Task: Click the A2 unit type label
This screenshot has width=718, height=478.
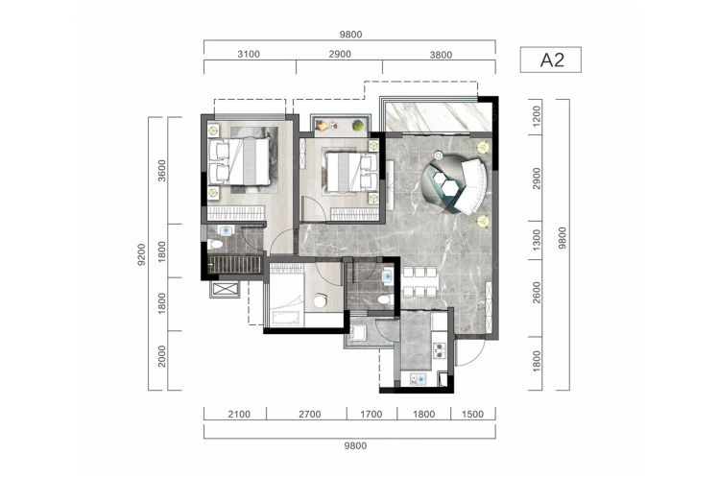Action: tap(552, 60)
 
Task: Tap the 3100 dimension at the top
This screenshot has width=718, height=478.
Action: tap(249, 54)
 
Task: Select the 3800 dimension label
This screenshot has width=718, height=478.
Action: tap(441, 55)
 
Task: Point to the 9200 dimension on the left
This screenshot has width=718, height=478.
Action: tap(141, 254)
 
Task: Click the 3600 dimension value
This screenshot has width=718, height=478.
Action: tap(161, 170)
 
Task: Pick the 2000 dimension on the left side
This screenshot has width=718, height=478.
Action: tap(161, 356)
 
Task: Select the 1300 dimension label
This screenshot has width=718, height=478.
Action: tap(537, 239)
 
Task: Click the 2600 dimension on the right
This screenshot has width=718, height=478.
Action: tap(537, 292)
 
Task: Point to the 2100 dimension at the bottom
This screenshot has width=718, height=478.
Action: tap(239, 415)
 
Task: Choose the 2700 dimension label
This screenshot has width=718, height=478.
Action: tap(309, 415)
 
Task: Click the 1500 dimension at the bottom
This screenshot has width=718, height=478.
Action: tap(472, 415)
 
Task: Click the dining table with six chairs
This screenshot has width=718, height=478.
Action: tap(419, 281)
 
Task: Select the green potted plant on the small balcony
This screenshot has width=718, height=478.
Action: tap(358, 125)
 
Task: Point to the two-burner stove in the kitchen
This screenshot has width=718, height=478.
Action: tap(440, 350)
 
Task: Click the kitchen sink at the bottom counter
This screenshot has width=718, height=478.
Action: tap(419, 379)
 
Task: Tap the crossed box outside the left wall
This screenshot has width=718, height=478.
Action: tap(225, 289)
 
